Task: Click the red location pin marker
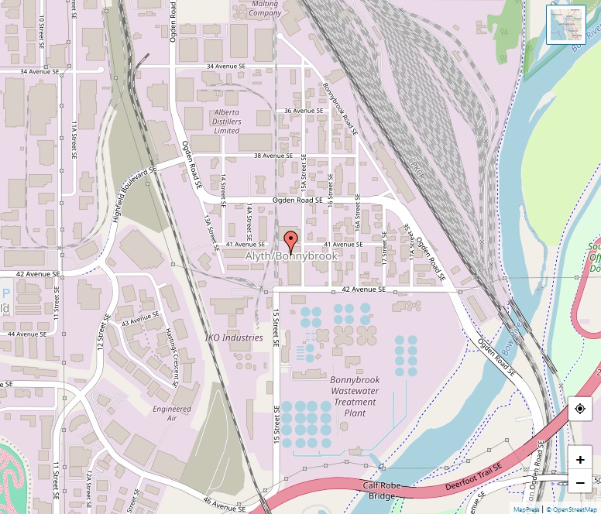click(x=290, y=242)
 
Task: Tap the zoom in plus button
click(x=580, y=459)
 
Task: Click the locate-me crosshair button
click(x=580, y=408)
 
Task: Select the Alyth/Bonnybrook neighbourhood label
click(x=291, y=255)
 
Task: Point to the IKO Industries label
click(x=234, y=338)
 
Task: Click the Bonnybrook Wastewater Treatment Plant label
click(x=355, y=396)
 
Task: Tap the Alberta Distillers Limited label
click(x=227, y=122)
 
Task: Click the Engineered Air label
click(x=172, y=413)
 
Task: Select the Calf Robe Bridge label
click(x=382, y=490)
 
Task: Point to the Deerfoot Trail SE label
click(x=473, y=479)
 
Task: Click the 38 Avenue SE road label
click(x=263, y=156)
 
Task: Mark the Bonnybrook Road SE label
click(x=339, y=109)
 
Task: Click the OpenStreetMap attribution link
click(x=574, y=509)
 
